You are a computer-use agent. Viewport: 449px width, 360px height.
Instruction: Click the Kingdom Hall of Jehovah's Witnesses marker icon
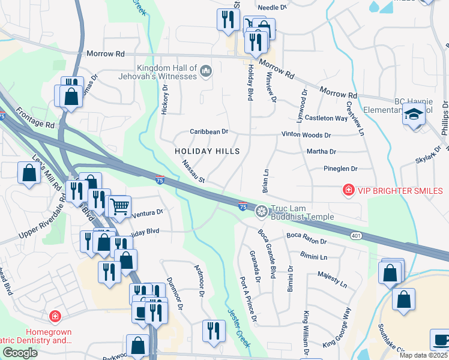pos(206,72)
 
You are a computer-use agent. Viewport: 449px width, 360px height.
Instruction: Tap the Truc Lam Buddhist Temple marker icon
pos(261,210)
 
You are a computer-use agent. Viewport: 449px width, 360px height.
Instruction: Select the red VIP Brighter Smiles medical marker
pos(347,191)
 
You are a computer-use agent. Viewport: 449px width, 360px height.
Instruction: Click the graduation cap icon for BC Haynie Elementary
pos(414,113)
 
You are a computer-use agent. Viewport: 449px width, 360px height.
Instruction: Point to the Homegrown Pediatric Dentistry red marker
pos(55,316)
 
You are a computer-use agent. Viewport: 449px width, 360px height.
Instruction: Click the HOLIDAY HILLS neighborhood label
pos(207,152)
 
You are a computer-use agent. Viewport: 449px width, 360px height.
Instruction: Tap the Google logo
pos(20,353)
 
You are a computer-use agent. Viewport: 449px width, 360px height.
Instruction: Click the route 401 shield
pos(356,236)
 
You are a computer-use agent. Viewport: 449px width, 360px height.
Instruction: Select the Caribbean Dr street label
pos(209,131)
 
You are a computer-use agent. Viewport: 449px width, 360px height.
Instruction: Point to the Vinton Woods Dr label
pos(306,136)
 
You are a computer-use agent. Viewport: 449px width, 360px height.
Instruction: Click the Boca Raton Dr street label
pos(306,239)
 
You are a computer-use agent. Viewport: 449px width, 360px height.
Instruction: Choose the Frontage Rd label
pos(35,117)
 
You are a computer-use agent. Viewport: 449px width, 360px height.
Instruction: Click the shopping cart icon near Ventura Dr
pos(120,206)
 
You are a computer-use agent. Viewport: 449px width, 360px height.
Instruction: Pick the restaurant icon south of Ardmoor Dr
pos(212,331)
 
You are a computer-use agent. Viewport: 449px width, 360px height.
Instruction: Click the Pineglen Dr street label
pos(340,169)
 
